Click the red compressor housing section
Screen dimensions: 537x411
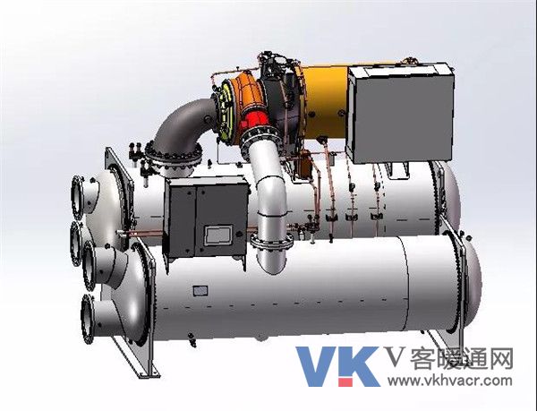coord(254,120)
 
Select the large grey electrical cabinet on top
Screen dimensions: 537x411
coord(401,115)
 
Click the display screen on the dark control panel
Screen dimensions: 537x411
coord(218,235)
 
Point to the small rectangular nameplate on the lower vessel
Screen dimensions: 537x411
coord(200,291)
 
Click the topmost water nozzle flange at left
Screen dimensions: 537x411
coord(77,197)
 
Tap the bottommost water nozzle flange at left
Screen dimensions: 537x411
coord(88,319)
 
